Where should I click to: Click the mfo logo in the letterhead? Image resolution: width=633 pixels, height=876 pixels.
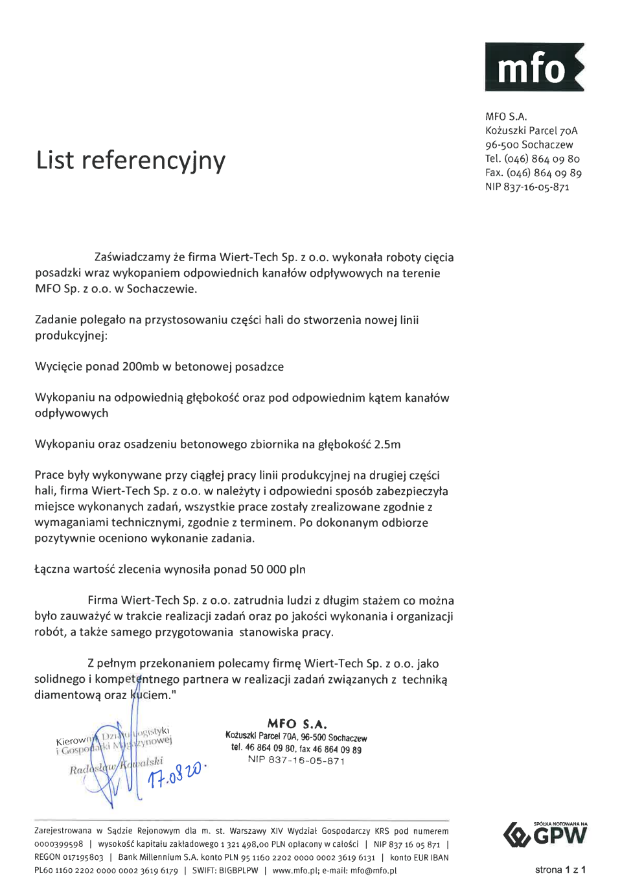coord(535,67)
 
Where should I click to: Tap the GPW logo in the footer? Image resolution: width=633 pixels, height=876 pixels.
coord(546,835)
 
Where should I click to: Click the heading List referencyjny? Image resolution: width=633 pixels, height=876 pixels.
coord(131,161)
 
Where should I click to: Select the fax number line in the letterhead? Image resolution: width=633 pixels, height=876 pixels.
coord(533,173)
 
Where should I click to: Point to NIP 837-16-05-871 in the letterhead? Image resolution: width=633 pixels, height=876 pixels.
coord(527,187)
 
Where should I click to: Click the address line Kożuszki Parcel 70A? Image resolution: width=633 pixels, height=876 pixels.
coord(531,131)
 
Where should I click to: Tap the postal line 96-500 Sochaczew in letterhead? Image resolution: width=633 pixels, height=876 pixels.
coord(529,145)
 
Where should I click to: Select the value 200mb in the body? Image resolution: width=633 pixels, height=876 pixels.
coord(141,367)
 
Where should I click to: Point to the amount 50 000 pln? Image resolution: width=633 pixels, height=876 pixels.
coord(278,570)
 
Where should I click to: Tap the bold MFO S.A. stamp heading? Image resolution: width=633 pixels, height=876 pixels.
coord(297,724)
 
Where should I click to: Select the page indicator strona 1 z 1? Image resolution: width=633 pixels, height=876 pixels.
coord(560,870)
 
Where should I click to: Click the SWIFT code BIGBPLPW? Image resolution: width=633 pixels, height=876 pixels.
coord(238,871)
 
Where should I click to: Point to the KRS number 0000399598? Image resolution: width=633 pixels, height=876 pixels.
coord(59,844)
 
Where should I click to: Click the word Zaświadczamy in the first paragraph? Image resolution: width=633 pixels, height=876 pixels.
coord(132,258)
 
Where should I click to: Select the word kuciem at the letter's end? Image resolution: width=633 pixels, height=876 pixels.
coord(150,695)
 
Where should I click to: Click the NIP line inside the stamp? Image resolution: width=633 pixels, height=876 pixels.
coord(296,761)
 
